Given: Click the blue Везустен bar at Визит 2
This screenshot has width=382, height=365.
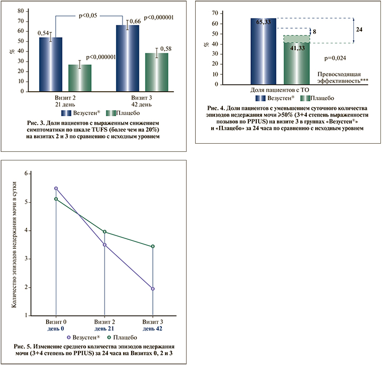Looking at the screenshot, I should tap(50, 64).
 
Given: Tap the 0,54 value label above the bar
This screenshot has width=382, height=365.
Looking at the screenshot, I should tap(44, 33).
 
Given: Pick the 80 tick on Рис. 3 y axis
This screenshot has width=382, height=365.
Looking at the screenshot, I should tap(20, 10).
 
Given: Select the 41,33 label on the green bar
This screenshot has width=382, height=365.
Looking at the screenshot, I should tap(292, 48).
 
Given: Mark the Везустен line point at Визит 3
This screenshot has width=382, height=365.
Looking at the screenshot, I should tap(153, 289).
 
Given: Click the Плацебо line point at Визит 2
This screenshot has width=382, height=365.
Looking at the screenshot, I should tap(105, 231).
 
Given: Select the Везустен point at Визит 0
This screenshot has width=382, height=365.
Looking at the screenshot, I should tap(56, 188).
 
